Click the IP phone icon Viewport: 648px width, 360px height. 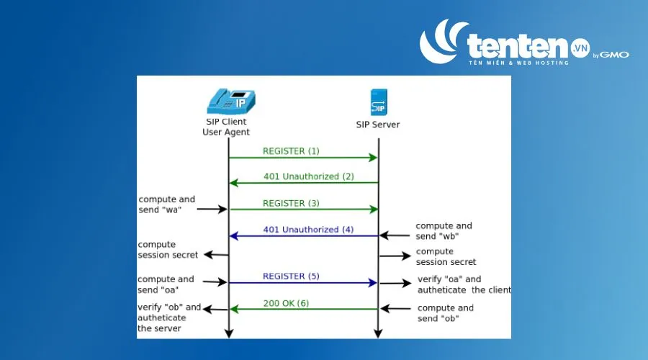231,101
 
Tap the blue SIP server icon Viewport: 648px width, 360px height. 379,102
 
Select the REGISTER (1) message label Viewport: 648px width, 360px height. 291,151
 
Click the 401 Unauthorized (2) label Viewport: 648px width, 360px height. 309,176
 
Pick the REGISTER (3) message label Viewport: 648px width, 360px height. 291,203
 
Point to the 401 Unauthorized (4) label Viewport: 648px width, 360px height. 308,230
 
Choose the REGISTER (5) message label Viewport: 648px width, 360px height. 291,276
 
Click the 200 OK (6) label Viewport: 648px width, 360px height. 286,303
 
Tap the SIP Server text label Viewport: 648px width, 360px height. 378,125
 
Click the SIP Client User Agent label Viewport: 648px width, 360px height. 226,127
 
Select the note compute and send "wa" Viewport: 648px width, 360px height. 166,204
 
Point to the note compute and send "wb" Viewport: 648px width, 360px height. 444,230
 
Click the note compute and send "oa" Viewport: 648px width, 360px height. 166,284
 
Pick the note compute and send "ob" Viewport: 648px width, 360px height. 445,313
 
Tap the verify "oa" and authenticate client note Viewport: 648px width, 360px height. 464,284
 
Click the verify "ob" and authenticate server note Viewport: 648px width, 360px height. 169,318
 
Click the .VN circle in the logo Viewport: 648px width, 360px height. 580,48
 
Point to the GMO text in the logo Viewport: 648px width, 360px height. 614,55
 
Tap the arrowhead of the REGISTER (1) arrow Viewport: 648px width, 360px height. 373,158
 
